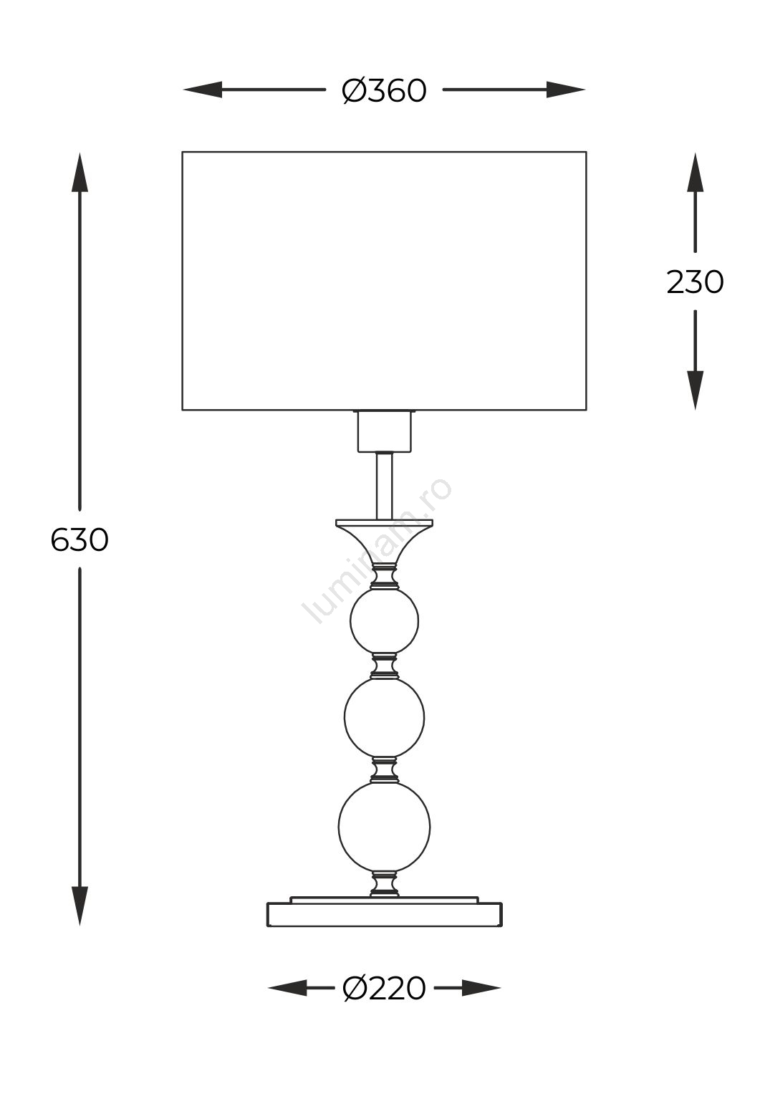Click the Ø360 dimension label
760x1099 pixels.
(x=384, y=91)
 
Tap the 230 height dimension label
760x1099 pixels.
(x=695, y=282)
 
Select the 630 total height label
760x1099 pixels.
(x=80, y=539)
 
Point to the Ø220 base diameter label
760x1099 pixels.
(x=384, y=989)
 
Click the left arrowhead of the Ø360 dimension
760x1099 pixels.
(x=203, y=90)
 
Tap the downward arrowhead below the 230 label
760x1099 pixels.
(x=695, y=390)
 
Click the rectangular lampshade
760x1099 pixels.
(x=384, y=281)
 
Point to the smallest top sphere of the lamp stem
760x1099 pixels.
(x=385, y=621)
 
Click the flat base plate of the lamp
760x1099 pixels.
(x=385, y=914)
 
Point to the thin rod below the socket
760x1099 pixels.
(x=385, y=486)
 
